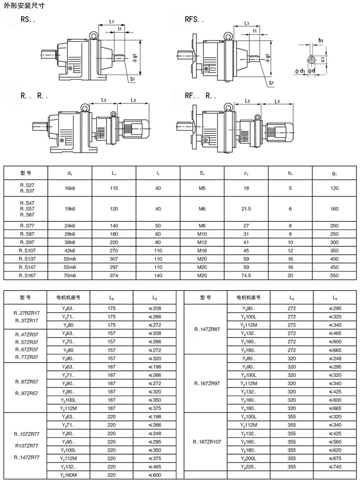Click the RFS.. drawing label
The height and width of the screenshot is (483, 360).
[194, 21]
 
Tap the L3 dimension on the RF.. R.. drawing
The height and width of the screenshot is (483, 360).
[277, 101]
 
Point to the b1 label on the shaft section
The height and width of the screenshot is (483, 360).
[321, 40]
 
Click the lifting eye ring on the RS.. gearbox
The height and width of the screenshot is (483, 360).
[94, 34]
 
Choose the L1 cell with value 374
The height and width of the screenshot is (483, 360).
[114, 275]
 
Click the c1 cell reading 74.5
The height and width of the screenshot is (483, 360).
[246, 275]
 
